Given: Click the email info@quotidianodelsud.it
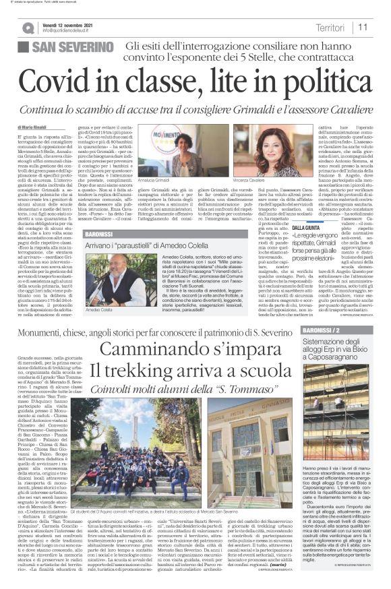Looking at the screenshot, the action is coord(73,32).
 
